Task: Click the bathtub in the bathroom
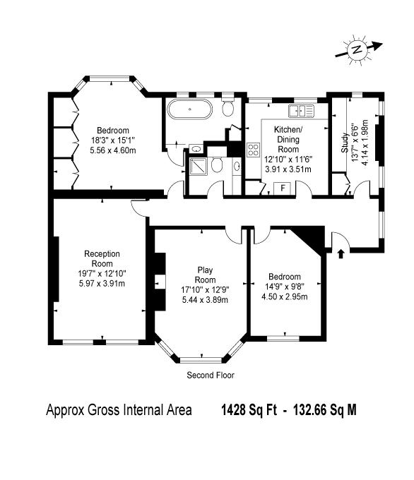189,109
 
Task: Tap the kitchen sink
301,111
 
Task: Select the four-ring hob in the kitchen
254,150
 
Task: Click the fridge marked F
283,188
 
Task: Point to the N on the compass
356,49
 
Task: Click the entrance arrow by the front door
341,254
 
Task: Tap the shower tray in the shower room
199,166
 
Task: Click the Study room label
345,143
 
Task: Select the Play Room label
205,275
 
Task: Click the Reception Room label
102,258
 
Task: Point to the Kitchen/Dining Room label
288,139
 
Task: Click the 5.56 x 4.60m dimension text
113,150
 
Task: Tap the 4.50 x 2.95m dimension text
285,296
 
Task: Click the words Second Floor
211,375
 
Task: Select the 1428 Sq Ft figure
249,410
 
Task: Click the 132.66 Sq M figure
325,410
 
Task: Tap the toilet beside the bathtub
227,106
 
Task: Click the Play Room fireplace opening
160,282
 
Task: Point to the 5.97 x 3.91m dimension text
102,283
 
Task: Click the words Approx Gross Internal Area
119,410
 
